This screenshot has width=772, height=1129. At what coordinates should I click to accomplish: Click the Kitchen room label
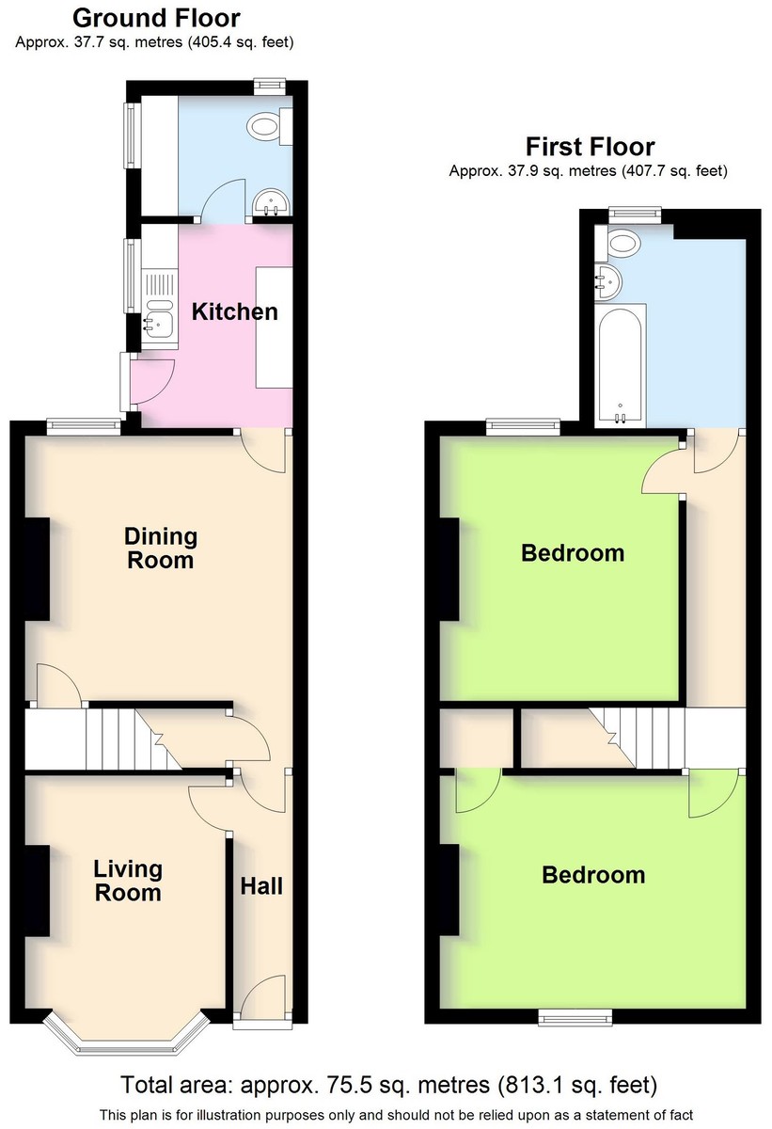tap(235, 312)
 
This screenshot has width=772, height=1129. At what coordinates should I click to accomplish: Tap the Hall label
tap(261, 886)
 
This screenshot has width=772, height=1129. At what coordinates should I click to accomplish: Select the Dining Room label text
tap(161, 548)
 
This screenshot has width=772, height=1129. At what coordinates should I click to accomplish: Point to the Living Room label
tap(128, 881)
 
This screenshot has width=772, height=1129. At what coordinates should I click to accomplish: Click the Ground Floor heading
tap(156, 18)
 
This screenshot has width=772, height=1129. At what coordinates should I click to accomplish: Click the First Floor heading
tap(591, 147)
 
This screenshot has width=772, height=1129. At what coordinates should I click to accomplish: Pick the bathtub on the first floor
tap(621, 365)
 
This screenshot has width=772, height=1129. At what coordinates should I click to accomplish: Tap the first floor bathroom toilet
tap(621, 243)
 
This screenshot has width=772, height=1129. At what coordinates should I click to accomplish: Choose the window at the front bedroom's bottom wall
tap(575, 1017)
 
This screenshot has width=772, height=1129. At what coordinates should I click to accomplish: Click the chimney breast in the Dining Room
tap(38, 569)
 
